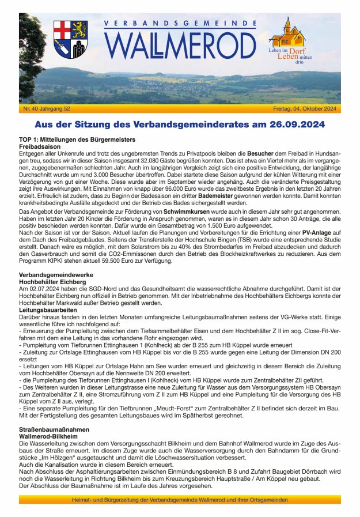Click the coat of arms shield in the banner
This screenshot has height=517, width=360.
click(x=71, y=39)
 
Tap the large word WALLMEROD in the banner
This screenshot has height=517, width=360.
click(x=180, y=45)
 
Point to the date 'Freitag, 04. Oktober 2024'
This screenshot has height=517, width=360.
click(x=305, y=109)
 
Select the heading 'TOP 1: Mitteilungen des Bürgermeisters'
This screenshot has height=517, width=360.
click(x=77, y=140)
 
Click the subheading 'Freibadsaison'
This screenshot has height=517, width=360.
click(x=40, y=147)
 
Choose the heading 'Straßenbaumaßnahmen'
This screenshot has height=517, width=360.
click(x=54, y=429)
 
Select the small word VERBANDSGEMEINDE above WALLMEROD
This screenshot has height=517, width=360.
click(x=180, y=24)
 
